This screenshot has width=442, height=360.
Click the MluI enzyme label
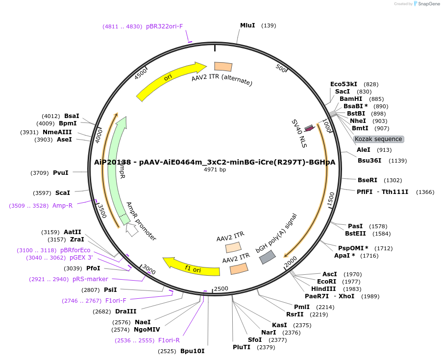[x=247, y=25]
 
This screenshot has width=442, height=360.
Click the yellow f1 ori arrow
[x=191, y=266]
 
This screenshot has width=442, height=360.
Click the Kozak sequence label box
[x=378, y=139]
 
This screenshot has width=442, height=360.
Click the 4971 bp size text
[x=215, y=170]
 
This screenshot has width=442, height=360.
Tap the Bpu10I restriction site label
[x=192, y=351]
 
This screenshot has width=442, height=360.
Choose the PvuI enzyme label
[x=60, y=173]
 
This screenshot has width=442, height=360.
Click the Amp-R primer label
[x=62, y=206]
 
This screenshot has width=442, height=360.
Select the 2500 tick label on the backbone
[x=221, y=288]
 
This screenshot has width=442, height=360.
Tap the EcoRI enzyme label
[x=326, y=282]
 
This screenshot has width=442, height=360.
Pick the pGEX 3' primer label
[x=80, y=258]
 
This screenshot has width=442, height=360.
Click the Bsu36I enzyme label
[x=369, y=161]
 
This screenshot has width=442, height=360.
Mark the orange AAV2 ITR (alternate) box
[x=223, y=67]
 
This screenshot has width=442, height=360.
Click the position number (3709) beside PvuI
[x=40, y=173]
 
